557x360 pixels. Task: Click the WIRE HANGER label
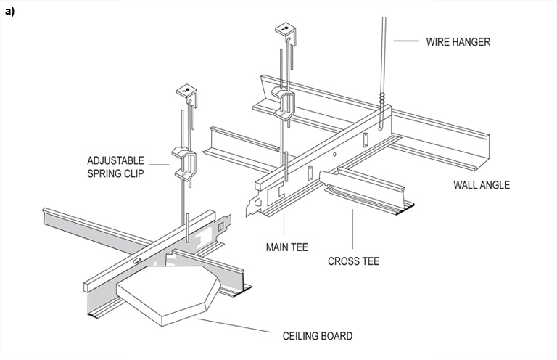click(458, 41)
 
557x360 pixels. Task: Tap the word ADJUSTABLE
click(115, 160)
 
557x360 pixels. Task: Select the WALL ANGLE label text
click(482, 185)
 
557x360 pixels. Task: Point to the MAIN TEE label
click(287, 247)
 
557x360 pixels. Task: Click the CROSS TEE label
click(353, 261)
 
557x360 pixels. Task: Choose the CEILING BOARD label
click(317, 336)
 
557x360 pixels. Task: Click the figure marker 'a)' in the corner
click(9, 12)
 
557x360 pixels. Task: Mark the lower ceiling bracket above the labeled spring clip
click(186, 94)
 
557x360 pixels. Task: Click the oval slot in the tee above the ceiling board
click(137, 259)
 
